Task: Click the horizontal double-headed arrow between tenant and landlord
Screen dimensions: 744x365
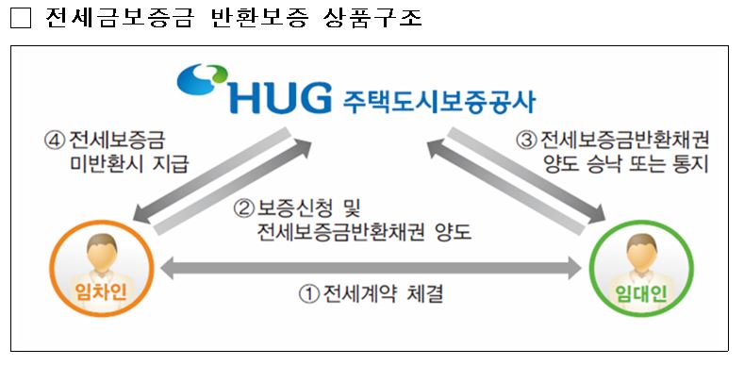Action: [x=372, y=268]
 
